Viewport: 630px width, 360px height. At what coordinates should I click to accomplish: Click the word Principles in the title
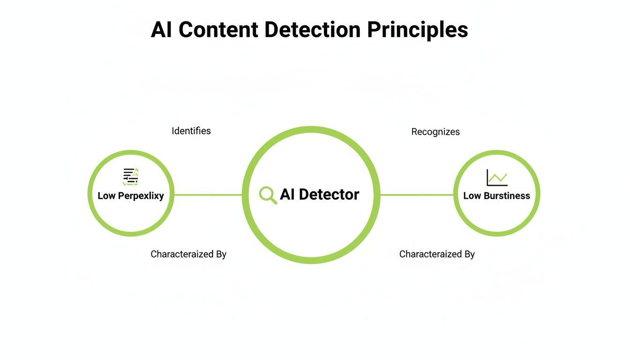pyautogui.click(x=417, y=30)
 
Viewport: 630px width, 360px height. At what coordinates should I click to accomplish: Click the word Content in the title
pyautogui.click(x=218, y=30)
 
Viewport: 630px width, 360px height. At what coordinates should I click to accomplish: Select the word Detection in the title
pyautogui.click(x=313, y=30)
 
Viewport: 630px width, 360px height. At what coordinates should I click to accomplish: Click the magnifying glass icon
pyautogui.click(x=268, y=195)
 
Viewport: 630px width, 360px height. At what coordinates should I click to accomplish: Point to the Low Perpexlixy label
pyautogui.click(x=131, y=196)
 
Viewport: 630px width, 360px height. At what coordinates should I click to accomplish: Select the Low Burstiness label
pyautogui.click(x=496, y=196)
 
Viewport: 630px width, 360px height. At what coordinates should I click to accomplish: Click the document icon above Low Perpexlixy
pyautogui.click(x=131, y=177)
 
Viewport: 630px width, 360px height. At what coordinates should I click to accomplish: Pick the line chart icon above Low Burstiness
pyautogui.click(x=497, y=178)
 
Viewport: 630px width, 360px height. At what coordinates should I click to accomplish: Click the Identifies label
pyautogui.click(x=191, y=131)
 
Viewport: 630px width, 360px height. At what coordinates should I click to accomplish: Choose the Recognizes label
pyautogui.click(x=435, y=132)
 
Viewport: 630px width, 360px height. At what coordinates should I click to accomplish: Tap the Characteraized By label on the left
pyautogui.click(x=188, y=254)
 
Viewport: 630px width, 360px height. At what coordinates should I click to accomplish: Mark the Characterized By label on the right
pyautogui.click(x=437, y=254)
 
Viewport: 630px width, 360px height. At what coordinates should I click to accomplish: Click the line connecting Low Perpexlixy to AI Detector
pyautogui.click(x=208, y=195)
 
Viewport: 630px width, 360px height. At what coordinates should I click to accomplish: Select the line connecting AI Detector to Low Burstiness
pyautogui.click(x=417, y=195)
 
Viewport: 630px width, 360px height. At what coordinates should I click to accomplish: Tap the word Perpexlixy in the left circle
pyautogui.click(x=141, y=196)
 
